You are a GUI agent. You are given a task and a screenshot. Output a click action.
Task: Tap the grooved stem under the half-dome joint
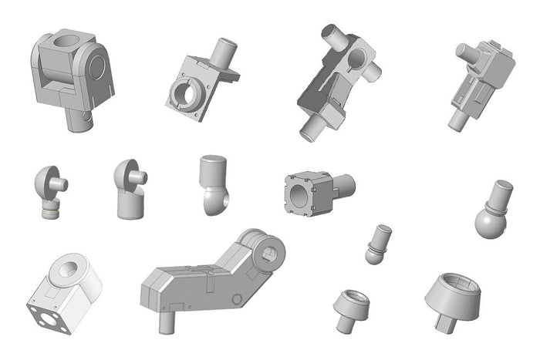coord(49,210)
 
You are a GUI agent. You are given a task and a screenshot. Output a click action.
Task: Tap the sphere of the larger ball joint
coord(490,224)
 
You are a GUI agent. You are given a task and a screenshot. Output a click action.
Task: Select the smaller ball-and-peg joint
coord(378,244)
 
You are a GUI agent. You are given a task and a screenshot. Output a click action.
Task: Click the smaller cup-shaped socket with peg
coord(351,308)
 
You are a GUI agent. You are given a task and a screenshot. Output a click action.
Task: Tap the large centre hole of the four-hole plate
coord(52,315)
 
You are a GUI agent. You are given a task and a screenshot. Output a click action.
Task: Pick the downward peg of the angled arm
coord(164,320)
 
